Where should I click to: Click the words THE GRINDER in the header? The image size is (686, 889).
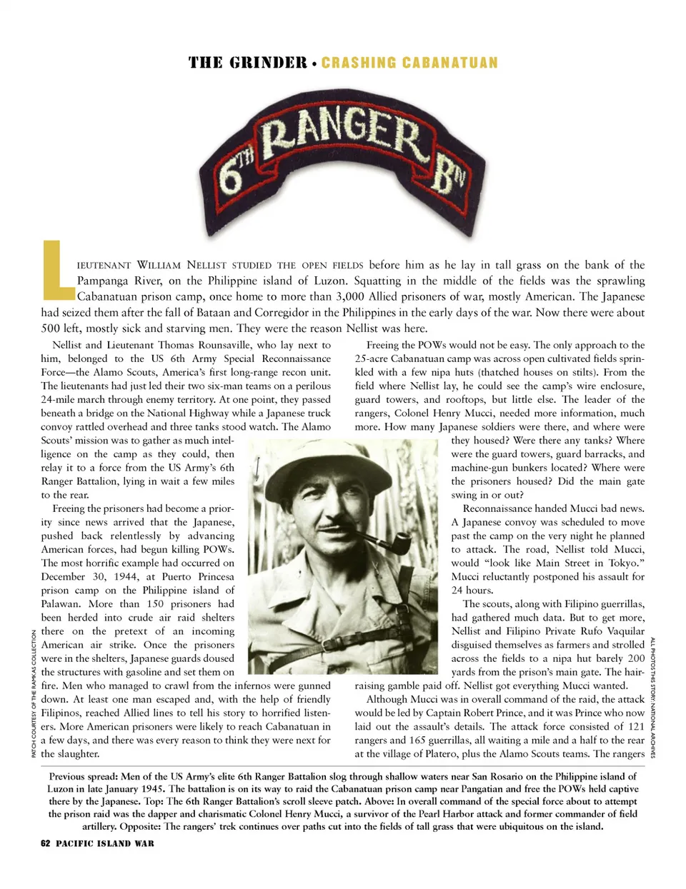coord(247,63)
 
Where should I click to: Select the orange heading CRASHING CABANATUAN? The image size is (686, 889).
coord(409,63)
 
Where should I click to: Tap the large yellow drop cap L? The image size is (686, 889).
coord(57,270)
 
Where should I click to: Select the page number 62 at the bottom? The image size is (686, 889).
coord(46,843)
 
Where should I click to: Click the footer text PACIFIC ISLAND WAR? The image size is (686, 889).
coord(105,843)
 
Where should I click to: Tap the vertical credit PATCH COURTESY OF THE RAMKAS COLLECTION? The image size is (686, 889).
coord(34,693)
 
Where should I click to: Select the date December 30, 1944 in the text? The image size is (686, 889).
coord(89,577)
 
